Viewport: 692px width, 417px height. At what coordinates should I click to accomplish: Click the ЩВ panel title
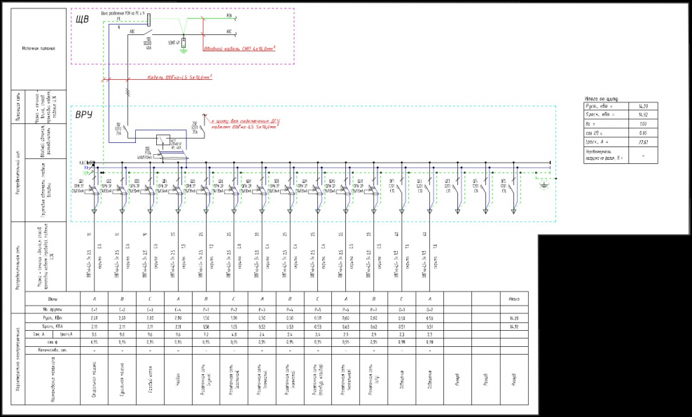point(82,20)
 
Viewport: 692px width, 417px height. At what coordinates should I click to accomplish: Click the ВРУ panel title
point(84,114)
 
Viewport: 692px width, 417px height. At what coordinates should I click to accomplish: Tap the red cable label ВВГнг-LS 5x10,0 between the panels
point(180,78)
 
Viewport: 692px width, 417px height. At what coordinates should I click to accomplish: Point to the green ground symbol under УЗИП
point(184,50)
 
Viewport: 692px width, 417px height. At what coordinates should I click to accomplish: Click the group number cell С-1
point(94,308)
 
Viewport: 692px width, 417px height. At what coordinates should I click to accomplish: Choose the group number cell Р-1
point(206,308)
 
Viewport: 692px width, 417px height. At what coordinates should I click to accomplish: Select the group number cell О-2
point(429,308)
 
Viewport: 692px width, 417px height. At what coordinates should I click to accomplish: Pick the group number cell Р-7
point(373,308)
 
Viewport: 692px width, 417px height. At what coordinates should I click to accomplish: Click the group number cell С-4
point(178,308)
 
